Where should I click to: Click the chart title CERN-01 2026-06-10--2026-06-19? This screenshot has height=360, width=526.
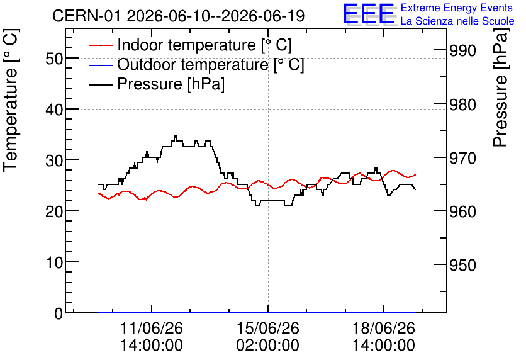point(179,16)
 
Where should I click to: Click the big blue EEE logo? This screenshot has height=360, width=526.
point(369,14)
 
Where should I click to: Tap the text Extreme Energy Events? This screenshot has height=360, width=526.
point(457,8)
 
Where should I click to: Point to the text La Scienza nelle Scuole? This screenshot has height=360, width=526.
point(457,21)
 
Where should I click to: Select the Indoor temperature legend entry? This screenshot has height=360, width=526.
point(190,45)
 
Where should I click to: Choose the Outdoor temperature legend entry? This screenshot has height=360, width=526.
point(196,64)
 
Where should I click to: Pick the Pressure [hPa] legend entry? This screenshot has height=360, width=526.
point(157,84)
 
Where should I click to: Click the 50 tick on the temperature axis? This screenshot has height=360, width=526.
point(54,59)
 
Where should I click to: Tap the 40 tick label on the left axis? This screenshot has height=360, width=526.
point(54,110)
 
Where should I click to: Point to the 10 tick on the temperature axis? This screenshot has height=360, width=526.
point(54,262)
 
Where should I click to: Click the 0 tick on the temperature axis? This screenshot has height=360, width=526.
point(59,313)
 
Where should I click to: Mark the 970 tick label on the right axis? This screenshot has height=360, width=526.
point(462,158)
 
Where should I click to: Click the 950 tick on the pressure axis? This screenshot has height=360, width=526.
point(462,266)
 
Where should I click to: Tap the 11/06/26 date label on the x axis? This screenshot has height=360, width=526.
point(152,328)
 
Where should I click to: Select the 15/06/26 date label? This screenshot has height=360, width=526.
point(267,328)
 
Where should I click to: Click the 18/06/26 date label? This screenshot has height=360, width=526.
point(384,328)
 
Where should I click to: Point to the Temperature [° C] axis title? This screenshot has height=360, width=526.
point(11,101)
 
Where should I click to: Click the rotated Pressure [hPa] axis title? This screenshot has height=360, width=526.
point(500,87)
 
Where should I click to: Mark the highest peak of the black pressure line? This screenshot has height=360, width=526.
point(176,136)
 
